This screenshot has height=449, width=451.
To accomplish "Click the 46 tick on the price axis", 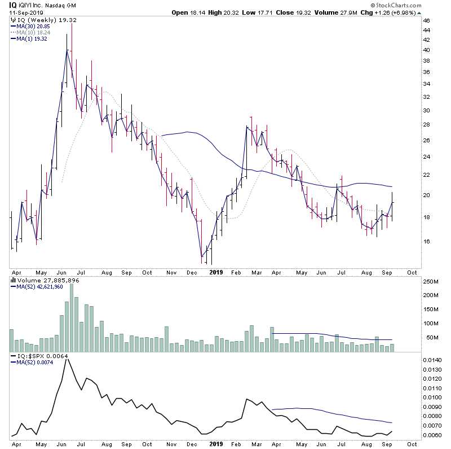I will pos(426,21).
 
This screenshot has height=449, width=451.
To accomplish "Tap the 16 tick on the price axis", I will pos(426,241).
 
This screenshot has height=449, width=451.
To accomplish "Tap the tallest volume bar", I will pos(72,316).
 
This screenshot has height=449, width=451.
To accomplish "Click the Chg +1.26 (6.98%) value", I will pos(414,12).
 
